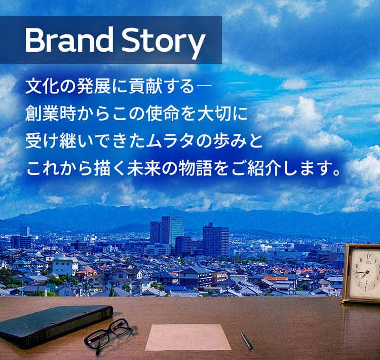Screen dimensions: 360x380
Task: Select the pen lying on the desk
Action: [x=247, y=341]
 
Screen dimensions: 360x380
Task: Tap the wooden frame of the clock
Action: [x=346, y=274]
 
